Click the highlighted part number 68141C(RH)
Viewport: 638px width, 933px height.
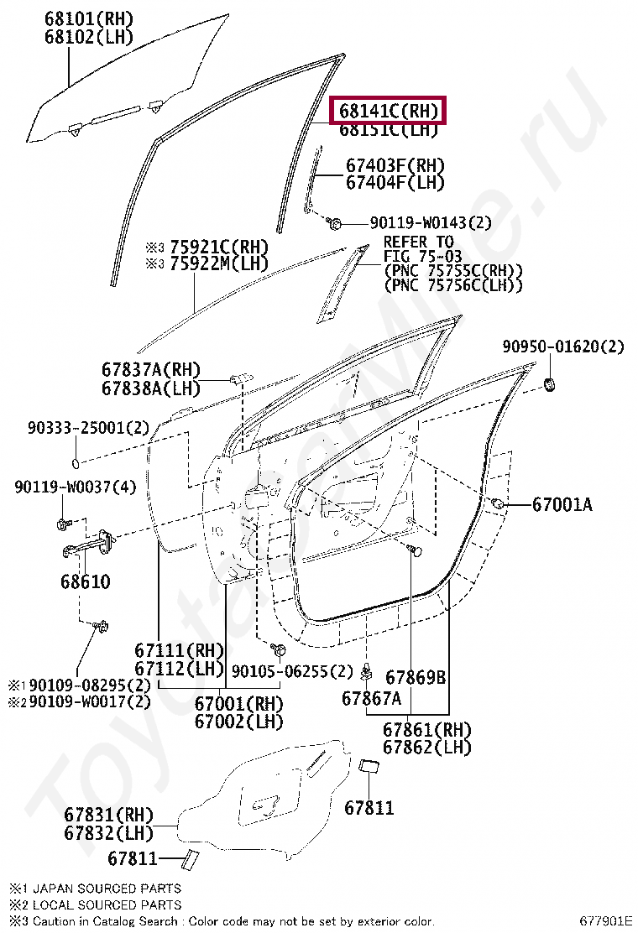(x=388, y=111)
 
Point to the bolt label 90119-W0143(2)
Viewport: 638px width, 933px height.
(x=431, y=223)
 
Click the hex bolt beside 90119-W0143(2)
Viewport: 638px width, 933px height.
(x=334, y=223)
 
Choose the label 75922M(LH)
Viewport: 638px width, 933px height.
(x=218, y=263)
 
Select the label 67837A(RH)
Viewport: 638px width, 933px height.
(x=151, y=369)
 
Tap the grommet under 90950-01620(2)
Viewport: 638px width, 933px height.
(x=552, y=384)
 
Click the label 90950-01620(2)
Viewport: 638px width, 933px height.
(x=563, y=347)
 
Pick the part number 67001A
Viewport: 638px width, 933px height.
(x=562, y=504)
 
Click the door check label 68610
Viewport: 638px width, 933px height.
(x=85, y=581)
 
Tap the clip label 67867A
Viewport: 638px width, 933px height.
(x=371, y=698)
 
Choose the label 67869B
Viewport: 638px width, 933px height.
(x=416, y=677)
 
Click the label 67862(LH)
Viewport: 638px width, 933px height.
(x=427, y=747)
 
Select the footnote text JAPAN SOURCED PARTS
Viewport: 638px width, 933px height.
(x=106, y=888)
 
